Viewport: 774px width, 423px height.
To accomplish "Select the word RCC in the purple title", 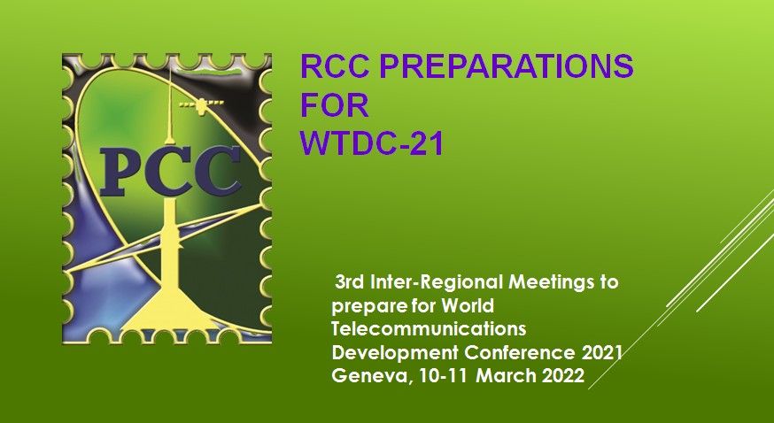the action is [x=335, y=66].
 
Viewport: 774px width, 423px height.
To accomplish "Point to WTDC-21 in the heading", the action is [x=372, y=143].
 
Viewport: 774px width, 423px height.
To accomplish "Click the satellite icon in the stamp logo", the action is [x=201, y=105].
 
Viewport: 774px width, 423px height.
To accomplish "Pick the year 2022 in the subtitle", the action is [x=563, y=376].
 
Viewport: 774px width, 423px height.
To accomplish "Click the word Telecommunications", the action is [x=429, y=329].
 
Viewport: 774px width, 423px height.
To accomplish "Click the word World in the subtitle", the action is [x=467, y=305].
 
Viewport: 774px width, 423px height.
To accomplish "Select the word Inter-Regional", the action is [x=437, y=282].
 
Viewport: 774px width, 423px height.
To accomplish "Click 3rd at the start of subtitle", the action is [x=350, y=282].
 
